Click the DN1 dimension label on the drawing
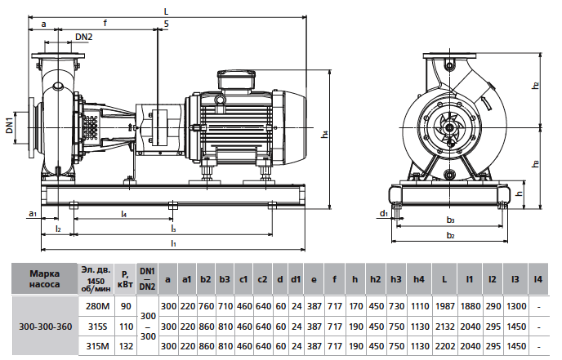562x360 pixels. point(9,125)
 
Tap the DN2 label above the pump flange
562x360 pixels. point(84,38)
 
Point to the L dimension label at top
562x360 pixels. point(166,11)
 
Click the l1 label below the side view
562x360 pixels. point(173,243)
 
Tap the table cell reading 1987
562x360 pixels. point(444,307)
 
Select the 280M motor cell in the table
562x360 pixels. point(97,307)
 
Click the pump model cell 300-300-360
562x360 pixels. point(45,327)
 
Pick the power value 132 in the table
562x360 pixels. point(126,346)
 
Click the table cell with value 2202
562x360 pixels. point(444,346)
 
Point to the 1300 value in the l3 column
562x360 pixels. point(515,307)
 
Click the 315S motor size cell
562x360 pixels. point(97,327)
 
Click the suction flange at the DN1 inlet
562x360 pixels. point(33,127)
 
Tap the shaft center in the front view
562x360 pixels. point(448,127)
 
